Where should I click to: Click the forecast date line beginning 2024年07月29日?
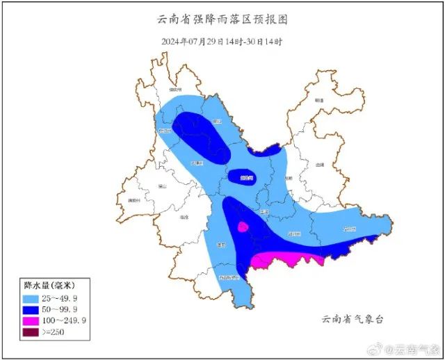click(222, 42)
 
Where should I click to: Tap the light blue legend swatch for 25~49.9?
click(31, 297)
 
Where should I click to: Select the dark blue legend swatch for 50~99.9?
click(31, 309)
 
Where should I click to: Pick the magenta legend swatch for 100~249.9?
click(31, 320)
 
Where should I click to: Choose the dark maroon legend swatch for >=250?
click(31, 332)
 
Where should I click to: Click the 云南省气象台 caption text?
click(353, 319)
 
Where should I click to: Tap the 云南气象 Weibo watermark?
click(410, 348)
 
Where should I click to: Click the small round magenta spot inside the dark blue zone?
click(243, 227)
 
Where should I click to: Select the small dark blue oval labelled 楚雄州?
click(243, 178)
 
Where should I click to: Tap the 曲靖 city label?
click(320, 165)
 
